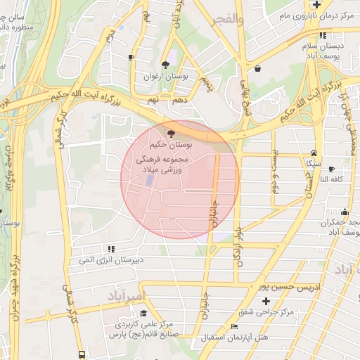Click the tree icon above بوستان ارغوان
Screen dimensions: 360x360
pyautogui.click(x=166, y=64)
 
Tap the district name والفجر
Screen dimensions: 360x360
pyautogui.click(x=230, y=20)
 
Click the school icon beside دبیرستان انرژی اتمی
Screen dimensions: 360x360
pyautogui.click(x=110, y=249)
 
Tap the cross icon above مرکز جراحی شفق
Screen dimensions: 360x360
pyautogui.click(x=265, y=301)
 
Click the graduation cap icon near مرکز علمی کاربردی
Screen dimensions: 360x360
pyautogui.click(x=143, y=314)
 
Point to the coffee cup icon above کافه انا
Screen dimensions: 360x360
pyautogui.click(x=332, y=169)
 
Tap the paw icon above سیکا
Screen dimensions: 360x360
pyautogui.click(x=314, y=153)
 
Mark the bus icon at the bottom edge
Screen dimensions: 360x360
pyautogui.click(x=82, y=354)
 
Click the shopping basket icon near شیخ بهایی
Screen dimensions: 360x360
pyautogui.click(x=257, y=68)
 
